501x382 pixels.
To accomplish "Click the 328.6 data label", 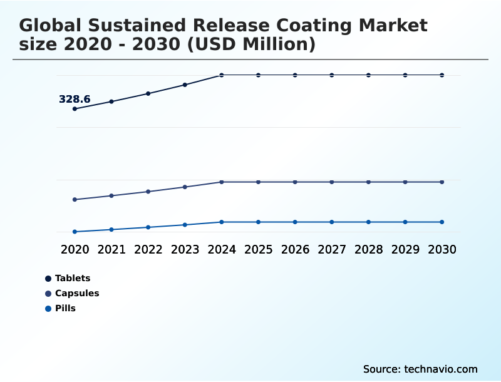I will pyautogui.click(x=75, y=99).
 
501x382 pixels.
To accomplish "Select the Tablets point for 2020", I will pyautogui.click(x=75, y=109).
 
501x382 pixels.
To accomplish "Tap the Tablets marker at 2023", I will pyautogui.click(x=185, y=85).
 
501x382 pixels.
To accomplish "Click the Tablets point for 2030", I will pyautogui.click(x=442, y=75).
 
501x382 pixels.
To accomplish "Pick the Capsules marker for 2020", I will pyautogui.click(x=75, y=200).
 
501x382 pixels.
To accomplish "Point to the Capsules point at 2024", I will pyautogui.click(x=222, y=182).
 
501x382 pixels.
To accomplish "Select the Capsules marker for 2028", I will pyautogui.click(x=368, y=182).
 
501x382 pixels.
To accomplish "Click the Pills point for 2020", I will pyautogui.click(x=75, y=232).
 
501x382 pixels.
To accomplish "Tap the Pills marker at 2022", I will pyautogui.click(x=148, y=227).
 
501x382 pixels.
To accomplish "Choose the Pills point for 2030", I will pyautogui.click(x=442, y=222).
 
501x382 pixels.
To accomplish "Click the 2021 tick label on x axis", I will pyautogui.click(x=111, y=249).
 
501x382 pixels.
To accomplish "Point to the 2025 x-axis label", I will pyautogui.click(x=258, y=249).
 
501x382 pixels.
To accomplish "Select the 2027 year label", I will pyautogui.click(x=332, y=249).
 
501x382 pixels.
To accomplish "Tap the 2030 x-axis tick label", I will pyautogui.click(x=442, y=249).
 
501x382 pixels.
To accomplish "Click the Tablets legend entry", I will pyautogui.click(x=72, y=278).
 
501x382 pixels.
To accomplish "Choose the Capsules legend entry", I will pyautogui.click(x=76, y=293).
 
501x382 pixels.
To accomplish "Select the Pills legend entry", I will pyautogui.click(x=65, y=308).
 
